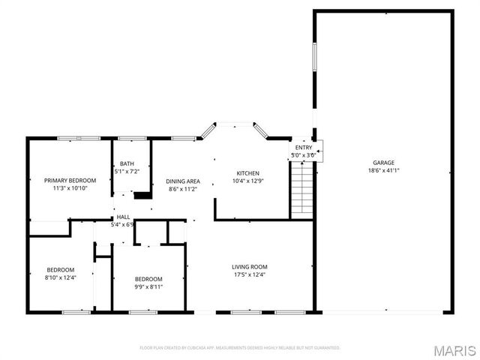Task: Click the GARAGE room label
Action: (x=383, y=163)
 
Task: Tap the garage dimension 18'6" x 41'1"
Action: (x=383, y=170)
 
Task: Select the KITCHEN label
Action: (x=247, y=172)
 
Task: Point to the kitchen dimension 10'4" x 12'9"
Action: (x=247, y=181)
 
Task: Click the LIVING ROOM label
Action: (x=249, y=267)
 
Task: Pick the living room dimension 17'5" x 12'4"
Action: (x=249, y=274)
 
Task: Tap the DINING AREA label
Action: (x=182, y=181)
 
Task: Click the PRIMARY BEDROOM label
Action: (x=70, y=181)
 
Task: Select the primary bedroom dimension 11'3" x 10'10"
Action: (x=70, y=188)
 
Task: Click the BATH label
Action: (x=127, y=164)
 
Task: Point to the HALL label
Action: (x=121, y=217)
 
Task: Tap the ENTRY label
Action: (x=303, y=148)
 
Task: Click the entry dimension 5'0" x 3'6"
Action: (x=302, y=155)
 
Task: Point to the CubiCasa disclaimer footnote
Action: (x=240, y=348)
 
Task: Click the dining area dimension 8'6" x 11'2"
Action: (x=182, y=189)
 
